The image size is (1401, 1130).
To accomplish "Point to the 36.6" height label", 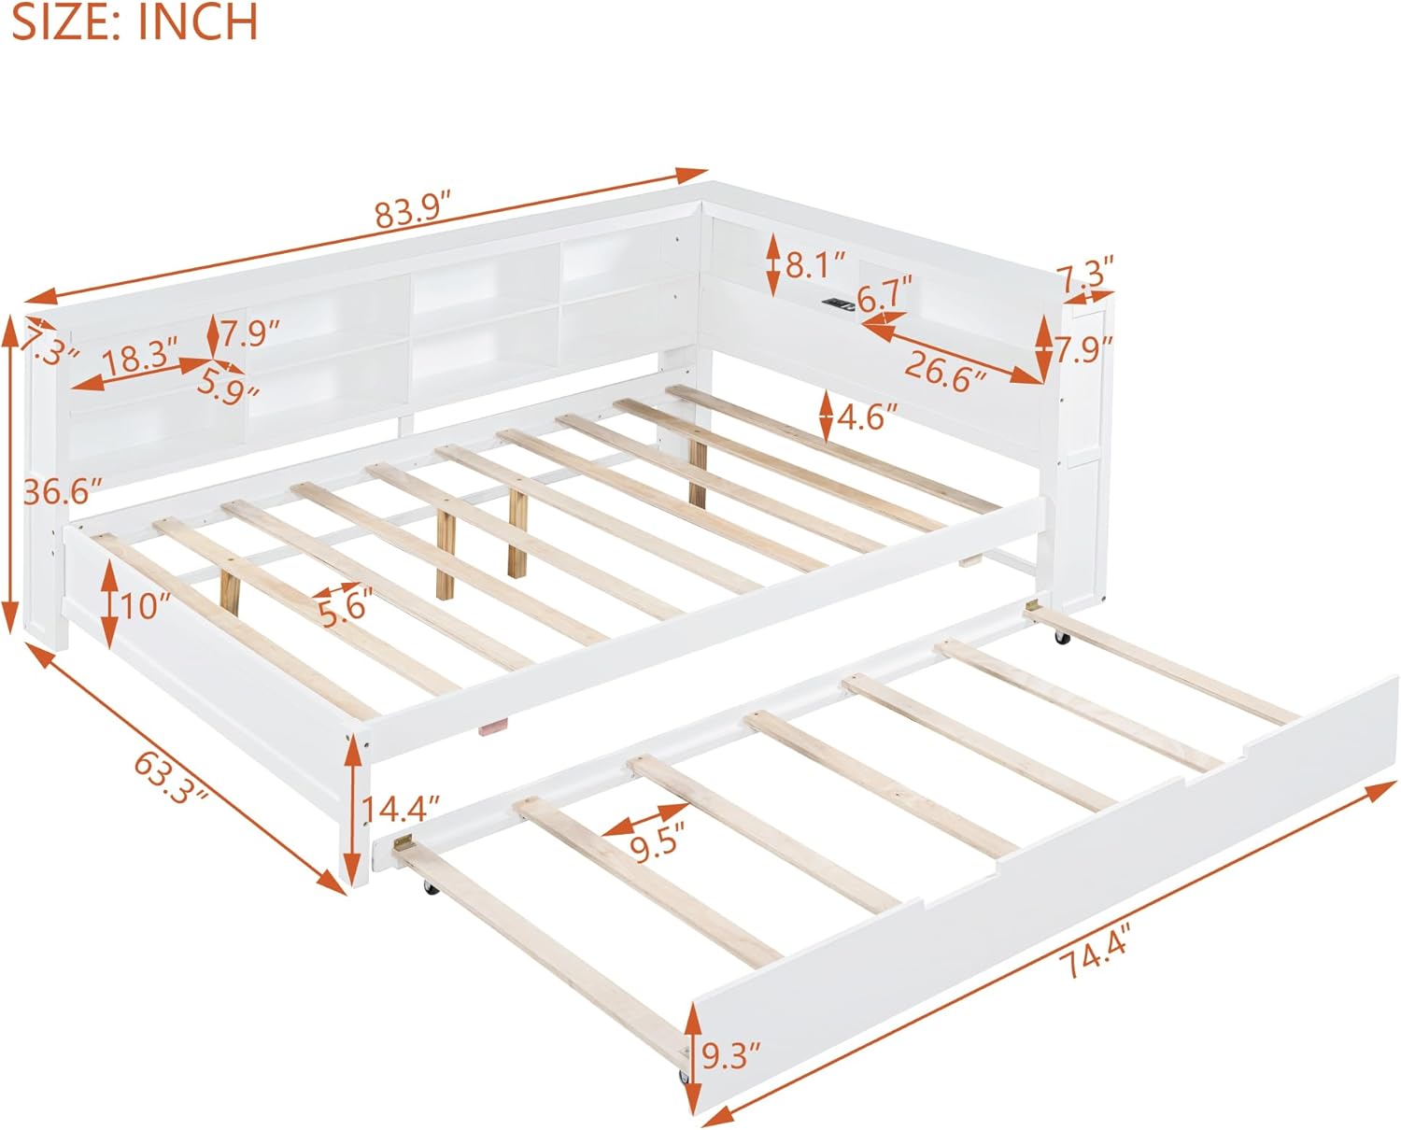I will [x=63, y=490].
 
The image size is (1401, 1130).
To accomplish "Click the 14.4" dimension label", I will [x=401, y=808].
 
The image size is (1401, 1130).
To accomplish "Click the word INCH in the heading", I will [x=197, y=21].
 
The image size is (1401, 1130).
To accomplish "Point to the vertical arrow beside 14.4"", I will [x=352, y=807].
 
